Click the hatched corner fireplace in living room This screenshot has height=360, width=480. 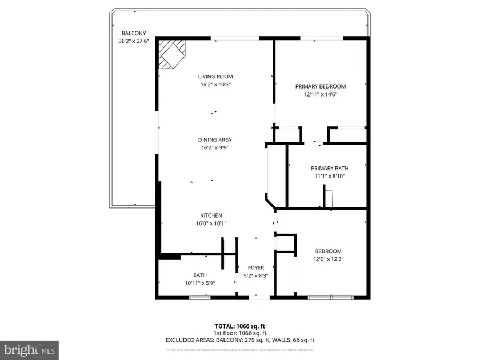coord(171,55)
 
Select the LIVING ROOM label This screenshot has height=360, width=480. coord(215,77)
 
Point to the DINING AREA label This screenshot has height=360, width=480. coord(215,140)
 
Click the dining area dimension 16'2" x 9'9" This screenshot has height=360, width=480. coord(215,148)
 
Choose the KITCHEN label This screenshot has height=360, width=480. coord(211,215)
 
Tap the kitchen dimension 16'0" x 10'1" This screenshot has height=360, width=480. coord(211,223)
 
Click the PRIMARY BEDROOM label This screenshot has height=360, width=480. coord(321,86)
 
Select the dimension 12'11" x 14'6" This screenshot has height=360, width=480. coord(321,94)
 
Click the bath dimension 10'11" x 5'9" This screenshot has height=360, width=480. coord(197,283)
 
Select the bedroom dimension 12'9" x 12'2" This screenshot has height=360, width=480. coord(328,259)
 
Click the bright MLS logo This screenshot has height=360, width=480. coord(29,350)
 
